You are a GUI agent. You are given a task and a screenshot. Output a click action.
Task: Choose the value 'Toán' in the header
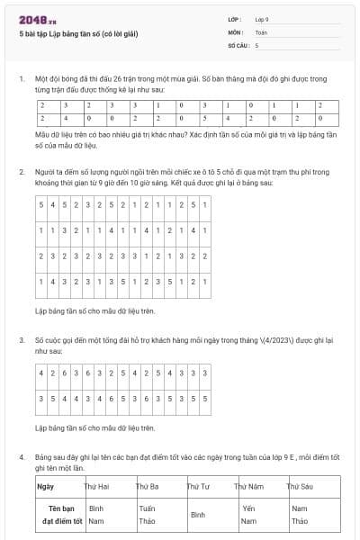261,31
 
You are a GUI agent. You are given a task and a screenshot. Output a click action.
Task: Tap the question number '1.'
22,79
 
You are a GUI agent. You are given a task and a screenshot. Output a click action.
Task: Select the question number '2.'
22,171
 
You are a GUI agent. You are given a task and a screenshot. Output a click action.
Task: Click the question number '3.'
22,341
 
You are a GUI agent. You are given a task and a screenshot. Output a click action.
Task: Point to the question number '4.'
22,457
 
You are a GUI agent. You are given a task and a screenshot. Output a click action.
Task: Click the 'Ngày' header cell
46,487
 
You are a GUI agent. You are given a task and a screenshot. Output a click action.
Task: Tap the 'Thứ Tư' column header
198,487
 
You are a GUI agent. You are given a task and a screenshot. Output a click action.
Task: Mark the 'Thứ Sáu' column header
299,487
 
